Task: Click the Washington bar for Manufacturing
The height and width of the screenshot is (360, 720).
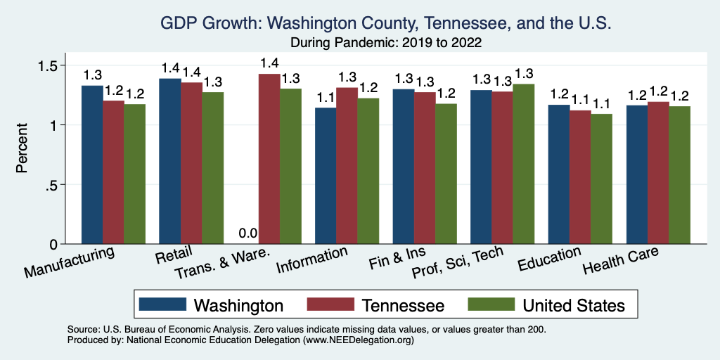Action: [x=92, y=165]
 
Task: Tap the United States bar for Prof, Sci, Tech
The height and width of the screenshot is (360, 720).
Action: [x=524, y=164]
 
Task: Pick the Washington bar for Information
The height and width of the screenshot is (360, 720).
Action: [x=326, y=176]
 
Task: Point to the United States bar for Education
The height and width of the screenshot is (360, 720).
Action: [x=601, y=179]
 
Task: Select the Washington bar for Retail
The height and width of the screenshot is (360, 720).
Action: [x=169, y=161]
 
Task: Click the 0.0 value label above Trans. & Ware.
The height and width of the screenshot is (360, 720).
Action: [x=247, y=234]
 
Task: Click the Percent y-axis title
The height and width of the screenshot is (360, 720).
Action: [x=22, y=148]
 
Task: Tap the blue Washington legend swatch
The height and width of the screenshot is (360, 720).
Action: [x=162, y=304]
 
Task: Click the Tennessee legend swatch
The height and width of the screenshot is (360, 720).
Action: [x=330, y=304]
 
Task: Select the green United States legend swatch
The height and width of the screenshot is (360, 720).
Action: [x=490, y=304]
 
